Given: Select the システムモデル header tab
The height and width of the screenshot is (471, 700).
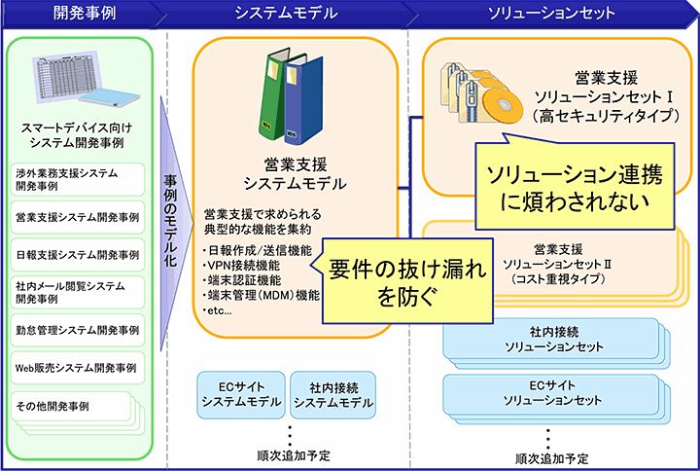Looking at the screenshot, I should coord(287,14).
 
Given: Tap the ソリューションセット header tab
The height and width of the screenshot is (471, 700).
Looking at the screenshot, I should coord(553,14).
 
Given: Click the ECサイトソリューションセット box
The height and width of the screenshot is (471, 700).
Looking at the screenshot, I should coord(552,393).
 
